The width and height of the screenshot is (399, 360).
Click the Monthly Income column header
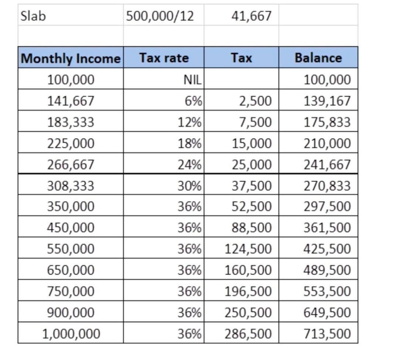71,58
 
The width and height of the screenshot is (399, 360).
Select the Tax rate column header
164,58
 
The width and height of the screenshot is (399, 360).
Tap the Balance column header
318,58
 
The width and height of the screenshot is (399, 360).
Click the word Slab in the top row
33,16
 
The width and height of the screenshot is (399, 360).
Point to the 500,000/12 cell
160,16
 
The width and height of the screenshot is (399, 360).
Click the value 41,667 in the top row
251,16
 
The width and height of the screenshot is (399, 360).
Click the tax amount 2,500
255,101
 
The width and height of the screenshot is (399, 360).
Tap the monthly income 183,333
71,122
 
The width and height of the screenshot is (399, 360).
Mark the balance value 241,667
327,165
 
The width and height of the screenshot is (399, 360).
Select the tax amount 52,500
252,206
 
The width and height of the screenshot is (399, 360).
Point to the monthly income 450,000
71,227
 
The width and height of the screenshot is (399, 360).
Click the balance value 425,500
327,249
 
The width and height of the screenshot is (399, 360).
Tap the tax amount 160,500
248,270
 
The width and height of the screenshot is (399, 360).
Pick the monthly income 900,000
71,313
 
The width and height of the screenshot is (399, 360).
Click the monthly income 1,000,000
71,334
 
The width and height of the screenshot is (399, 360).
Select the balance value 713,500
327,334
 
